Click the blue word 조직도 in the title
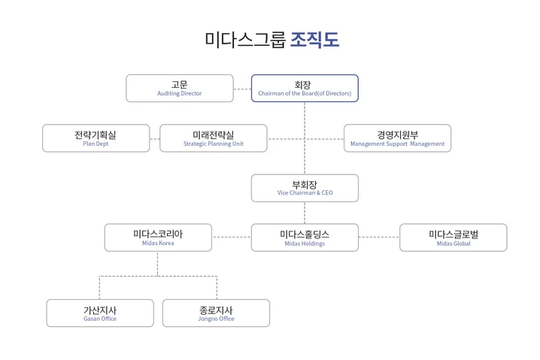pyautogui.click(x=314, y=40)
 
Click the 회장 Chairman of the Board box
pyautogui.click(x=305, y=88)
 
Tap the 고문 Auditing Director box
pyautogui.click(x=179, y=88)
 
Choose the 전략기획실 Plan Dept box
pyautogui.click(x=96, y=138)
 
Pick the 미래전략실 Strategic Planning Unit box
pyautogui.click(x=214, y=138)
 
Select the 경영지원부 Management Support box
pyautogui.click(x=397, y=138)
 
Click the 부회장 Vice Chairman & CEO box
pyautogui.click(x=305, y=188)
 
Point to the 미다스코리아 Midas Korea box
pyautogui.click(x=158, y=237)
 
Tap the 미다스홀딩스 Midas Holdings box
pyautogui.click(x=305, y=237)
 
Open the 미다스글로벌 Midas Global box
pyautogui.click(x=453, y=237)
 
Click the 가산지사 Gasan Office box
pyautogui.click(x=100, y=313)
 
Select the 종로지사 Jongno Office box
pyautogui.click(x=216, y=313)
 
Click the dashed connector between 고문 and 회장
pyautogui.click(x=241, y=89)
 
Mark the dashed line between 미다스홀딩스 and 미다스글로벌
pyautogui.click(x=378, y=237)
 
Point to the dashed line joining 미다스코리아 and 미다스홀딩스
pyautogui.click(x=231, y=237)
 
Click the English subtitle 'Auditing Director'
pyautogui.click(x=179, y=94)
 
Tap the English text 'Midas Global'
pyautogui.click(x=453, y=244)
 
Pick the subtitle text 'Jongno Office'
pyautogui.click(x=217, y=319)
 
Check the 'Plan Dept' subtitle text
pyautogui.click(x=96, y=144)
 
